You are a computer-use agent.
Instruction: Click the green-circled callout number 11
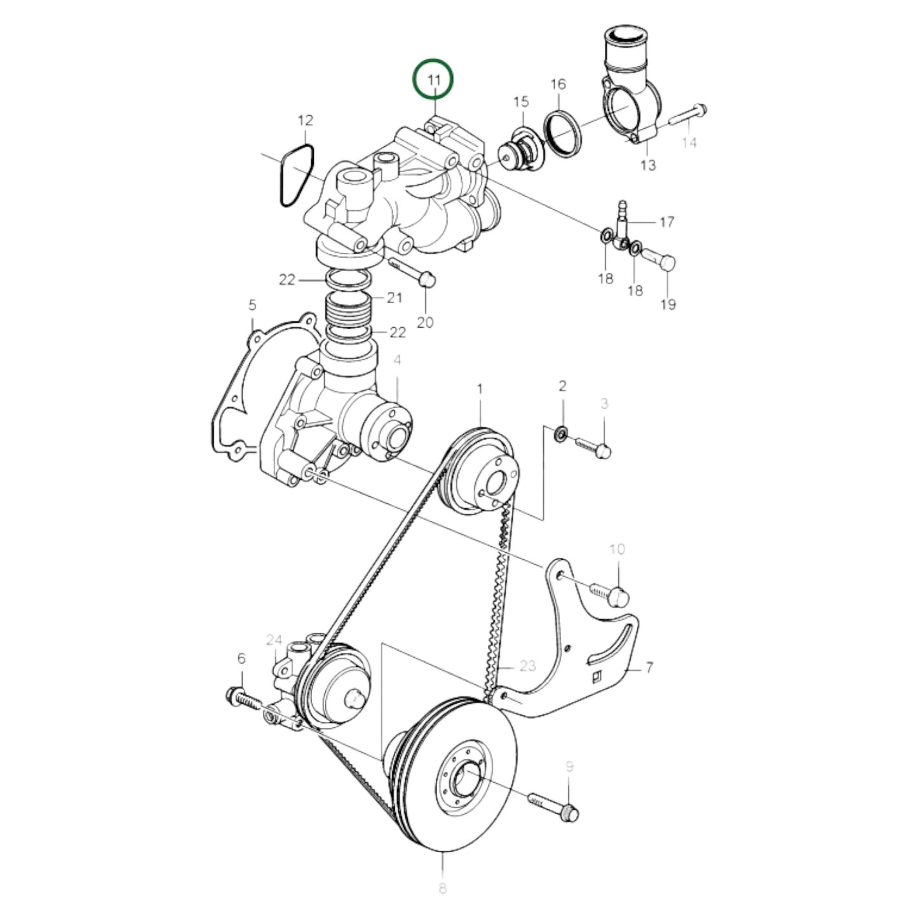coord(433,80)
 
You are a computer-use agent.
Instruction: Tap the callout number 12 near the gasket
coord(306,120)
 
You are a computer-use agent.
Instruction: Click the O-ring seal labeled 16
coord(563,133)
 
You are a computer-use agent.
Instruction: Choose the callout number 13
coord(647,165)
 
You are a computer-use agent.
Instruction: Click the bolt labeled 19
coord(659,259)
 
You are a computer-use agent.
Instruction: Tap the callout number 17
coord(666,222)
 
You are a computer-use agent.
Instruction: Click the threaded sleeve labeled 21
coord(348,310)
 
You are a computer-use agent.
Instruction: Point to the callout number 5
coord(252,306)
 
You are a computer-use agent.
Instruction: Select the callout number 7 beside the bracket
coord(649,668)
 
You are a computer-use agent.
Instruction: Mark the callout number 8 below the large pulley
coord(442,888)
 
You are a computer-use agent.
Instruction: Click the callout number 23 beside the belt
coord(527,666)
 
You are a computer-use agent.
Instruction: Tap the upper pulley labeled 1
coord(483,467)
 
